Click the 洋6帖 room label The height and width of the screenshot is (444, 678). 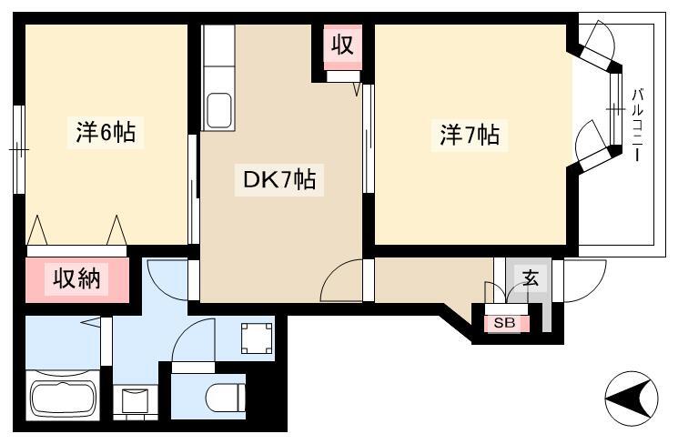pos(106,132)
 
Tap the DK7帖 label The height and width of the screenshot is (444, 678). pos(279,179)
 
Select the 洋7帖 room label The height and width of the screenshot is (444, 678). pos(470,135)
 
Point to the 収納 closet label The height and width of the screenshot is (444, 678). pos(77,278)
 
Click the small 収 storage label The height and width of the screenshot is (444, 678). pos(343,44)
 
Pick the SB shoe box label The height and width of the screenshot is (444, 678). pos(504,323)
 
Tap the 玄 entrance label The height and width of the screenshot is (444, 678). pos(531,278)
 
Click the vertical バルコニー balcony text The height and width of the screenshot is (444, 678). pos(637,125)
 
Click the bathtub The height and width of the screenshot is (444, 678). pos(63,397)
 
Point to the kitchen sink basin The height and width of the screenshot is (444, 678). pos(218,111)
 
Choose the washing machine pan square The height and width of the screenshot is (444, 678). pos(257,338)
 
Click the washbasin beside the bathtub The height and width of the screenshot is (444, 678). pos(135,400)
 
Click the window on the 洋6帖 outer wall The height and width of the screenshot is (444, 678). pos(18,149)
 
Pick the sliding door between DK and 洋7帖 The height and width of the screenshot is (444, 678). pos(368,138)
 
